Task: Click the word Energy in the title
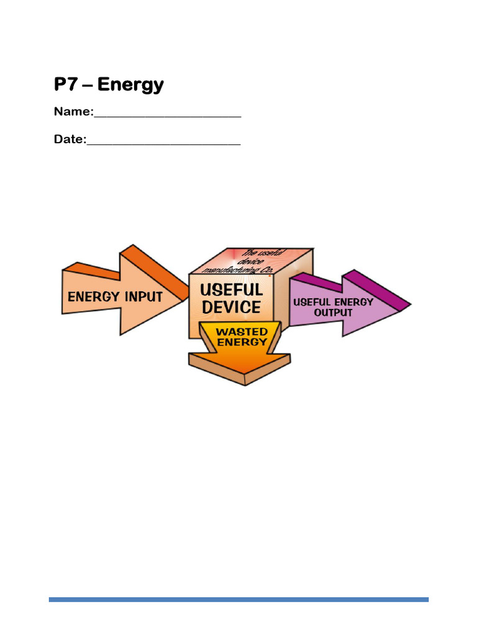(x=130, y=84)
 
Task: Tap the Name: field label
(x=73, y=112)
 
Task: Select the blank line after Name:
(x=167, y=115)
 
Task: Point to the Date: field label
(x=70, y=140)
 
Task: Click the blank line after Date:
(x=163, y=143)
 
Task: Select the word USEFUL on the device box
(x=231, y=290)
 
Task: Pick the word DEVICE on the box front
(x=231, y=308)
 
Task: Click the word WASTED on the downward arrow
(x=242, y=332)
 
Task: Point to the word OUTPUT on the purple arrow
(x=333, y=313)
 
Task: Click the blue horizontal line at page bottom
(x=238, y=600)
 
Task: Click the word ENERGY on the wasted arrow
(x=242, y=342)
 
